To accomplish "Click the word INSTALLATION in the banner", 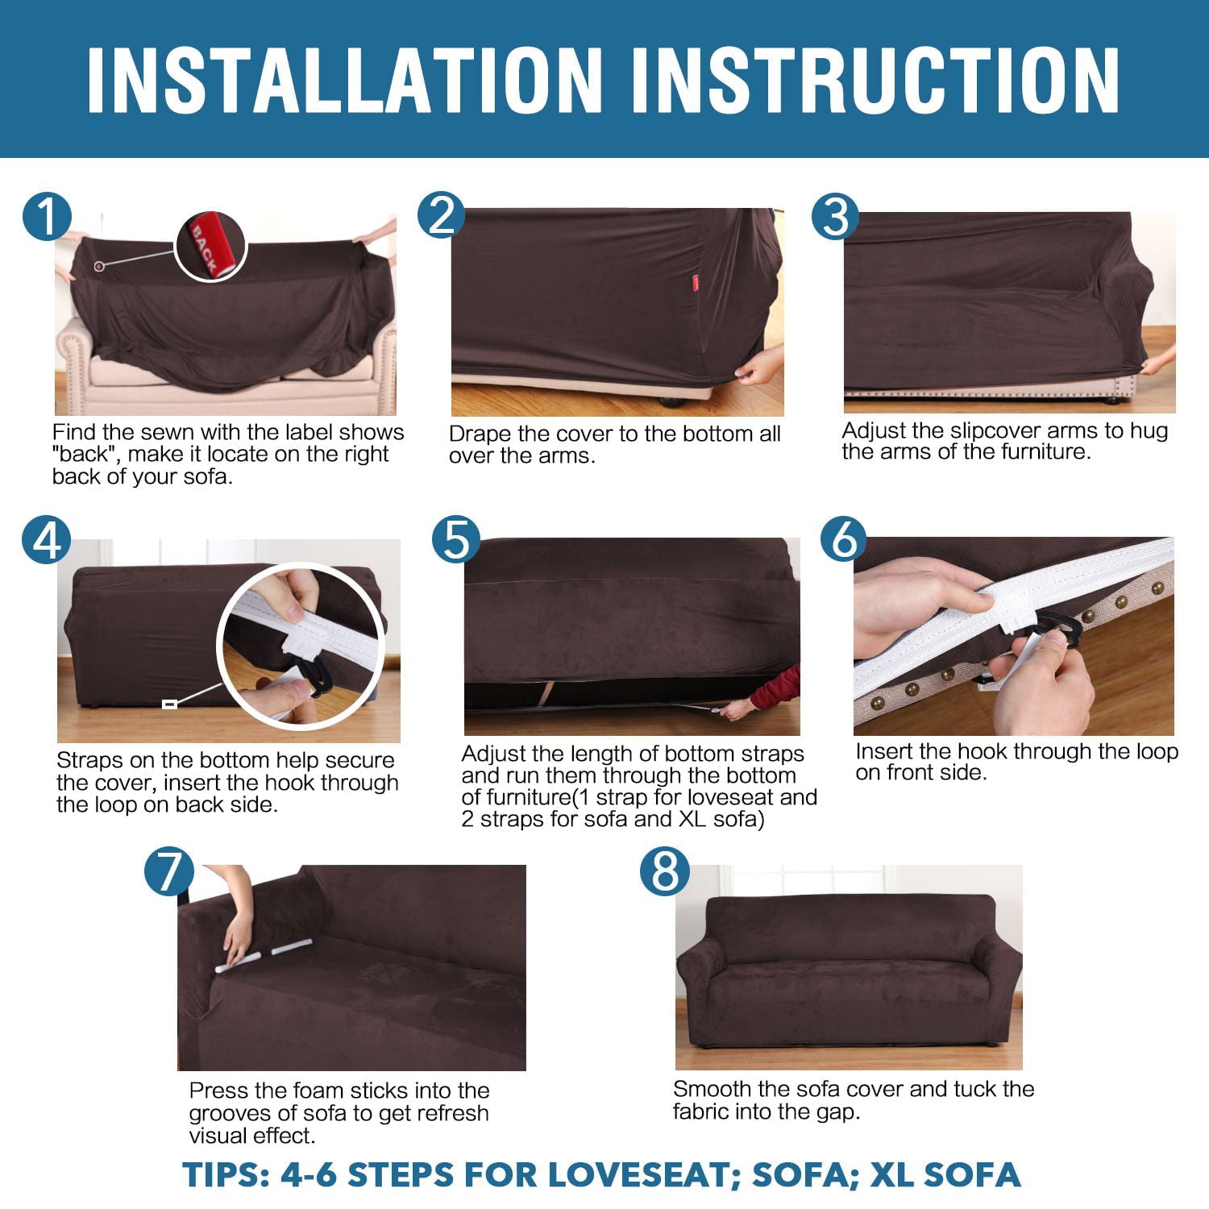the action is pos(345,80).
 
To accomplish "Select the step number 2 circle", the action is pos(442,216).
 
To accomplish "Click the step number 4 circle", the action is pos(47,539).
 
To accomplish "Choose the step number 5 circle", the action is pos(456,539).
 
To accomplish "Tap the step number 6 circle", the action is pos(844,538).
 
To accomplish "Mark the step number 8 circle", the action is pos(665,871).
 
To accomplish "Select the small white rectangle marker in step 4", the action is pos(169,704).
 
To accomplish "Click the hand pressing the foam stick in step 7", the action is pos(238,939).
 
